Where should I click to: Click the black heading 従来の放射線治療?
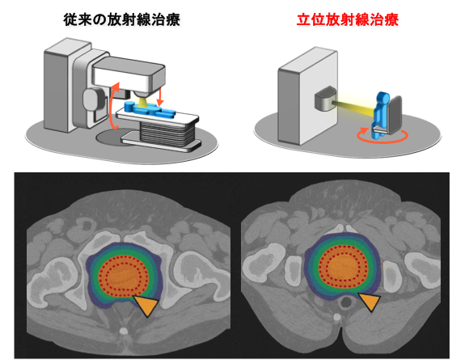[x=121, y=20]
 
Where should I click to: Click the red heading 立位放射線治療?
[x=348, y=20]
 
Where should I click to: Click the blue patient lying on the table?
[x=150, y=109]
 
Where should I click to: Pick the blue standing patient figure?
[x=380, y=115]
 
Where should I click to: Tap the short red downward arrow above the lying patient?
[x=160, y=95]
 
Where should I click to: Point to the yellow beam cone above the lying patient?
[x=142, y=102]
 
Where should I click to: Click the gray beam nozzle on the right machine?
[x=325, y=99]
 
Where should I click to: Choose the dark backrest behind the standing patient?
[x=395, y=114]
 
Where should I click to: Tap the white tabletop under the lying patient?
[x=157, y=117]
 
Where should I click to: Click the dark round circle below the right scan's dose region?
[x=346, y=303]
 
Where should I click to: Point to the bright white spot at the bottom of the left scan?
[x=123, y=331]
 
